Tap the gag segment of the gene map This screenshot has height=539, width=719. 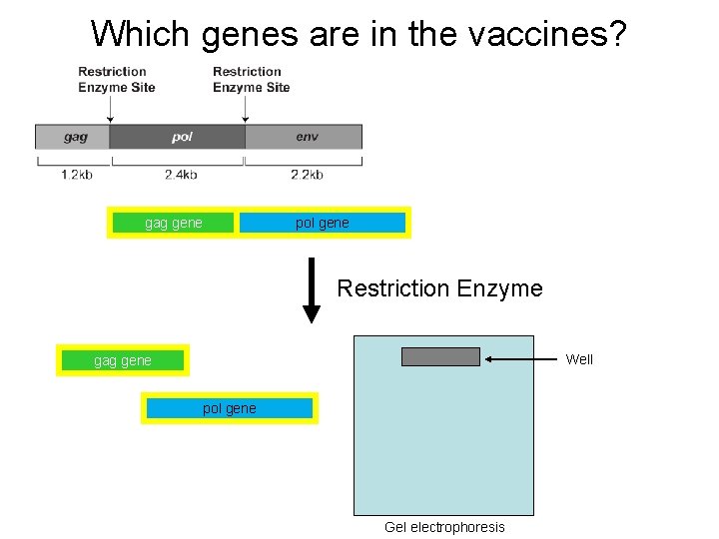[74, 137]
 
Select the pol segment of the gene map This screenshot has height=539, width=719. [180, 137]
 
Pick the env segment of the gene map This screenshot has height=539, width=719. [306, 137]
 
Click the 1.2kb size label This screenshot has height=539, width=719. [76, 175]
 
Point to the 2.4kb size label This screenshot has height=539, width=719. [180, 175]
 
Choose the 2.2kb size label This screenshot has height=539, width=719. [307, 175]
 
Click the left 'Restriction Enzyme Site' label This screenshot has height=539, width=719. [116, 79]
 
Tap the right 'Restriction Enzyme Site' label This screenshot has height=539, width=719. [251, 79]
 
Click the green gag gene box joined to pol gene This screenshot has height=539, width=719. [174, 223]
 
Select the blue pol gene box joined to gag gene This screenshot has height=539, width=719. [323, 223]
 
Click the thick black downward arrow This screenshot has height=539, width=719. [312, 289]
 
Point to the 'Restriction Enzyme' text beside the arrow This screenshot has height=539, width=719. [439, 288]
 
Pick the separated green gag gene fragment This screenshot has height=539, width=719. [123, 360]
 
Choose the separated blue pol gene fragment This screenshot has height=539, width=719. [229, 408]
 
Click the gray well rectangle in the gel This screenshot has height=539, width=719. [440, 357]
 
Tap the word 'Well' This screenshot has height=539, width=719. [579, 359]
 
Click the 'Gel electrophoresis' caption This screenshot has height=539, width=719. [444, 527]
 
